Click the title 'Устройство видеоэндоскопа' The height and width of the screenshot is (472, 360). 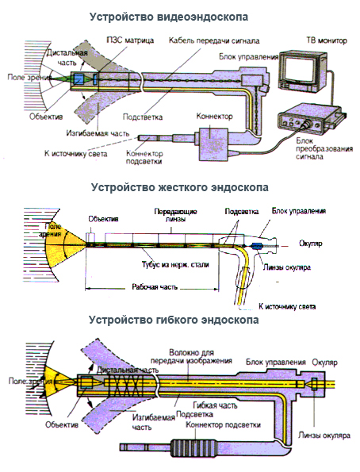180,17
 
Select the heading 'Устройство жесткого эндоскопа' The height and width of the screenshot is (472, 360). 180,187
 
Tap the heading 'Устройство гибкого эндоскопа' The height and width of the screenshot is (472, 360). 180,320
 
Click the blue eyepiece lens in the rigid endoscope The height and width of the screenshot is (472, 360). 258,247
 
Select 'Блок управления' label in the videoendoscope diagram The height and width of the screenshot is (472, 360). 243,57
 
